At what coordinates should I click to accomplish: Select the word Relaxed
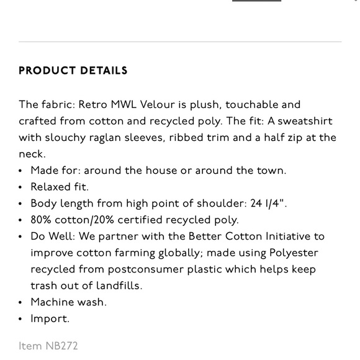click(x=51, y=187)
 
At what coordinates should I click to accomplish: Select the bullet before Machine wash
click(x=22, y=302)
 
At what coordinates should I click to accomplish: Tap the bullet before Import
click(x=22, y=319)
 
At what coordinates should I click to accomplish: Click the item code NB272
click(x=61, y=346)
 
